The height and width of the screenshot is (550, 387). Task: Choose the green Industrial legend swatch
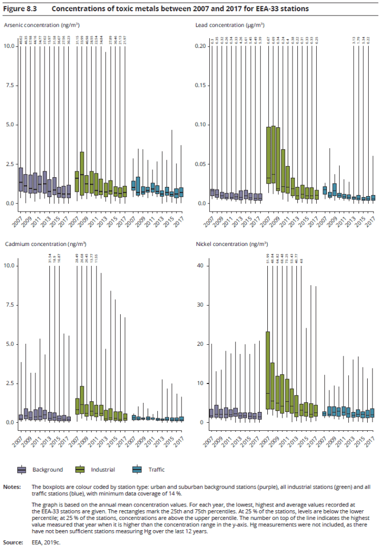[81, 469]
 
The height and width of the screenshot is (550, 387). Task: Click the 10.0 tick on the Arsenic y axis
[8, 46]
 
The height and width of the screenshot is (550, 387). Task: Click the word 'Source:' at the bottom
[12, 543]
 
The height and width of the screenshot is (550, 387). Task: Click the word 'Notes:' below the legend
[11, 487]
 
